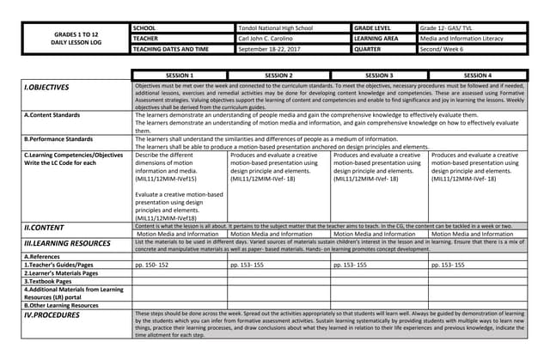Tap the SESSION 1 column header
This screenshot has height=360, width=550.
(180, 76)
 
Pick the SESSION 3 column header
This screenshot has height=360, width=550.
(378, 76)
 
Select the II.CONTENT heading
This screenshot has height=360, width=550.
(44, 227)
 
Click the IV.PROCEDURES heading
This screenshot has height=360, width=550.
(52, 315)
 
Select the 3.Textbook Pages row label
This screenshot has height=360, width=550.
(52, 281)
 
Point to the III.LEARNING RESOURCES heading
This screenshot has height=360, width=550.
(68, 244)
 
